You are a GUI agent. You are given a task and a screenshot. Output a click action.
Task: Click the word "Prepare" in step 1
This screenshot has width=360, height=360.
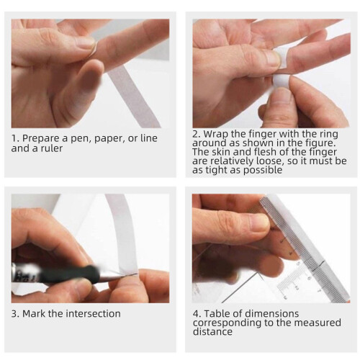pyautogui.click(x=41, y=139)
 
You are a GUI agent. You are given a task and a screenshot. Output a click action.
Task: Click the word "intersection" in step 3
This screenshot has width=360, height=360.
pyautogui.click(x=93, y=314)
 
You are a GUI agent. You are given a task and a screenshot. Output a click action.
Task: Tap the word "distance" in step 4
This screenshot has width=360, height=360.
pyautogui.click(x=212, y=332)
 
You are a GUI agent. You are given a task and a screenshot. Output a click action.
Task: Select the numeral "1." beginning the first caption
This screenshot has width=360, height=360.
pyautogui.click(x=15, y=138)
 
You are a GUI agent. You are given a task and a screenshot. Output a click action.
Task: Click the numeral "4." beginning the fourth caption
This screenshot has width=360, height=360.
pyautogui.click(x=197, y=314)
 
